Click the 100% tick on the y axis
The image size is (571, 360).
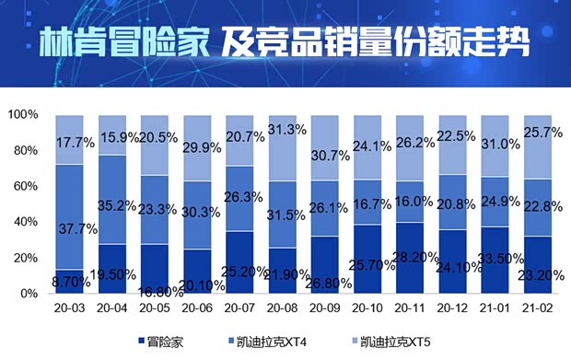click(23, 115)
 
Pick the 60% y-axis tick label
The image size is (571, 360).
click(26, 187)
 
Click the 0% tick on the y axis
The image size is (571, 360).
click(29, 294)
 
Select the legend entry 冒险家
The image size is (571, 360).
click(163, 343)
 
